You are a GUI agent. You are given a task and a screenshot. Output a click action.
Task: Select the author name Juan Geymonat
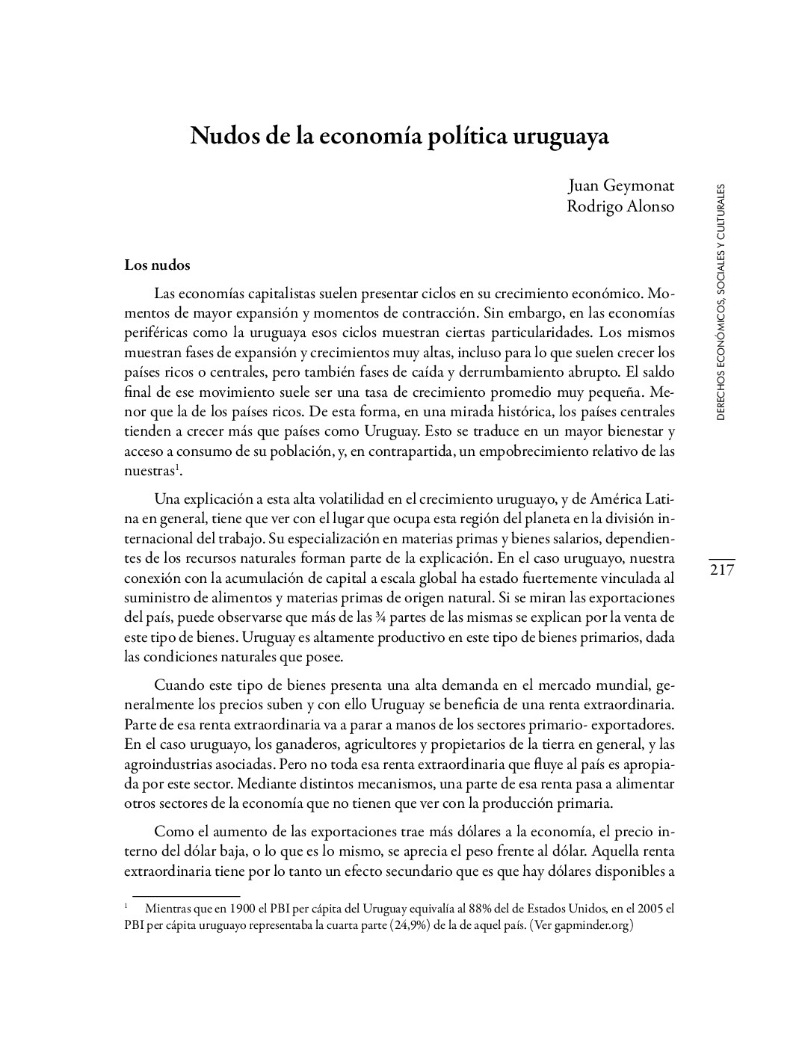pyautogui.click(x=620, y=185)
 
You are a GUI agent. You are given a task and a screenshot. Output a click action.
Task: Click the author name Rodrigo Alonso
pyautogui.click(x=620, y=206)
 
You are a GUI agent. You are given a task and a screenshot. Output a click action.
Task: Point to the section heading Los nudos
pyautogui.click(x=157, y=265)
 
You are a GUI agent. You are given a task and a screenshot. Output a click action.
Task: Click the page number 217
pyautogui.click(x=722, y=570)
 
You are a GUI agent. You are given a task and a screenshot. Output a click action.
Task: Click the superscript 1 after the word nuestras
pyautogui.click(x=176, y=468)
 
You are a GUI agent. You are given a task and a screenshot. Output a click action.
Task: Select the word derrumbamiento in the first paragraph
pyautogui.click(x=519, y=371)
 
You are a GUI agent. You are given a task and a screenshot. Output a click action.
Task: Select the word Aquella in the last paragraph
pyautogui.click(x=618, y=851)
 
